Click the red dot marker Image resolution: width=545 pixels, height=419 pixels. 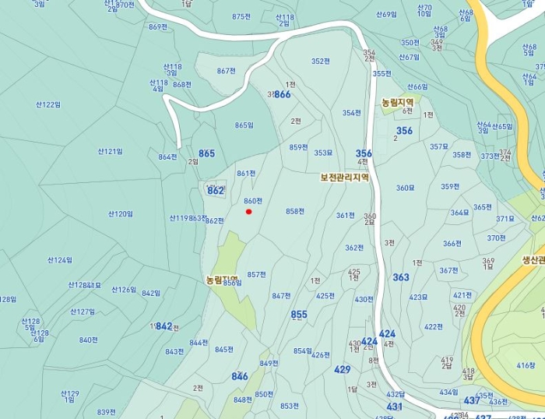248,211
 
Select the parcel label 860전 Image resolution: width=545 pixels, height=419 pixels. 252,201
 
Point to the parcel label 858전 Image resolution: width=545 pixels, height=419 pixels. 294,211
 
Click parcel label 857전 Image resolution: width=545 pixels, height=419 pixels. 256,274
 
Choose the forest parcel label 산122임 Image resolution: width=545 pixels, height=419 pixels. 47,104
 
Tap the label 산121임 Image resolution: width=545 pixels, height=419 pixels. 110,151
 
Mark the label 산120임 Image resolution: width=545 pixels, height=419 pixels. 120,213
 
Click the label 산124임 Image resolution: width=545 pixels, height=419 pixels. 59,259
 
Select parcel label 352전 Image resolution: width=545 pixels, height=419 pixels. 320,61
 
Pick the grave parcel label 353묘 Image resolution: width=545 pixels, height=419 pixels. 323,153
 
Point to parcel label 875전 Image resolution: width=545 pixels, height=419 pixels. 241,16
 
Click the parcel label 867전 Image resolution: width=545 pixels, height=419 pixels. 226,71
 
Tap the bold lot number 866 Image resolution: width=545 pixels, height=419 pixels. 282,94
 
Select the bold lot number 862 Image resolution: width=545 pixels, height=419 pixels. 216,190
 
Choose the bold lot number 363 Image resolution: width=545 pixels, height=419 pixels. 400,277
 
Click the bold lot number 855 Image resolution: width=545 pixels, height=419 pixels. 299,315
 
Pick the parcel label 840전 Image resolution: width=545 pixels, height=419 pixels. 88,340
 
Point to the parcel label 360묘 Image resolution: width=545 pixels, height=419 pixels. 405,188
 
